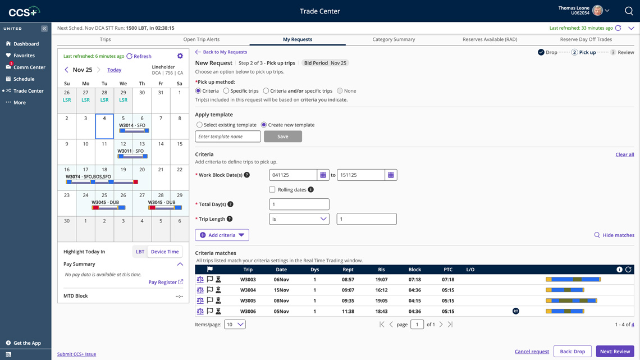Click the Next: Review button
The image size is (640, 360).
pyautogui.click(x=615, y=352)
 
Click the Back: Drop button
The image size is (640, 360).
pyautogui.click(x=572, y=352)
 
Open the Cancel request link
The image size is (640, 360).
pyautogui.click(x=532, y=352)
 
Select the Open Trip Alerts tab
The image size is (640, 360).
pyautogui.click(x=201, y=39)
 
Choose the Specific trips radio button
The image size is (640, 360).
pyautogui.click(x=226, y=91)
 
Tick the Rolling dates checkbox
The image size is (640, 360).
pyautogui.click(x=272, y=190)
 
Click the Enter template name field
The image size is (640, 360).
pyautogui.click(x=228, y=136)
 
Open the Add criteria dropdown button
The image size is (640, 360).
pyautogui.click(x=222, y=235)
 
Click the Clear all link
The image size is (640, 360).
pyautogui.click(x=624, y=154)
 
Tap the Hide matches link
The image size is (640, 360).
pyautogui.click(x=614, y=235)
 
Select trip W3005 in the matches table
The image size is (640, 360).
pyautogui.click(x=248, y=300)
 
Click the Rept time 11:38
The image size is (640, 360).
pyautogui.click(x=348, y=311)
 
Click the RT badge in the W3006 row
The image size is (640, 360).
pyautogui.click(x=515, y=311)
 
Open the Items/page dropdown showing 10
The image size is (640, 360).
pyautogui.click(x=235, y=325)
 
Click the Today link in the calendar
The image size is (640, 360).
pyautogui.click(x=114, y=70)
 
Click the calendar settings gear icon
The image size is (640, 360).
pyautogui.click(x=180, y=56)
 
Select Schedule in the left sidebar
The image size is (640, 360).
pyautogui.click(x=24, y=79)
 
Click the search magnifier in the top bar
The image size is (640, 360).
pyautogui.click(x=629, y=11)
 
